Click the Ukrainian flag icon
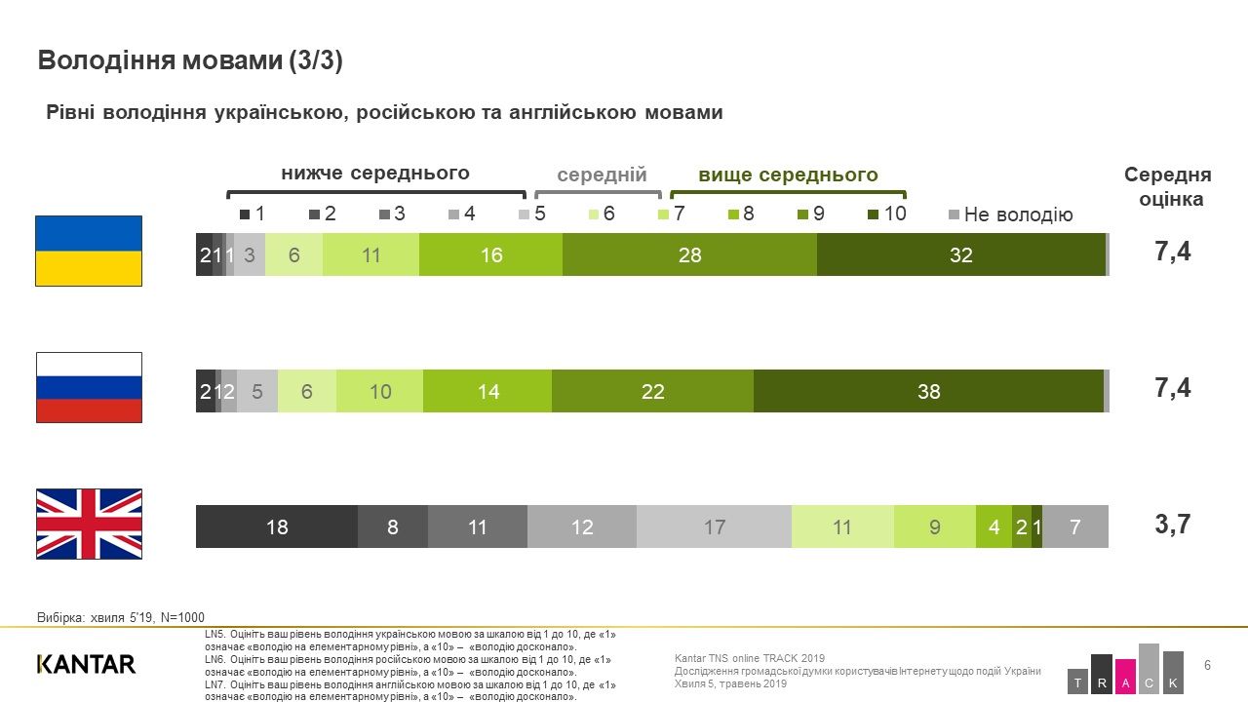click(89, 251)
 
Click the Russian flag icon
click(89, 387)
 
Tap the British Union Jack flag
click(89, 524)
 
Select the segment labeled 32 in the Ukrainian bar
click(960, 254)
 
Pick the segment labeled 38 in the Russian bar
click(928, 391)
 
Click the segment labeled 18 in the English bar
click(277, 526)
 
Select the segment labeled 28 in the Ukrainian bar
click(689, 254)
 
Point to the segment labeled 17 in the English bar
click(714, 526)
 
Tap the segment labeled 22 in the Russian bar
click(652, 391)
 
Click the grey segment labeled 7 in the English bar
click(1075, 526)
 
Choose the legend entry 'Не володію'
click(1011, 214)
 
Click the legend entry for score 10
click(886, 214)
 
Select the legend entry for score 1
click(253, 214)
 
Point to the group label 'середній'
click(602, 175)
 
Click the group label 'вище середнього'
click(788, 175)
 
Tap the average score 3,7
click(1173, 525)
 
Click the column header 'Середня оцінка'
click(1167, 187)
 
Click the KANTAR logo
click(86, 664)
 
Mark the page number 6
click(1208, 665)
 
